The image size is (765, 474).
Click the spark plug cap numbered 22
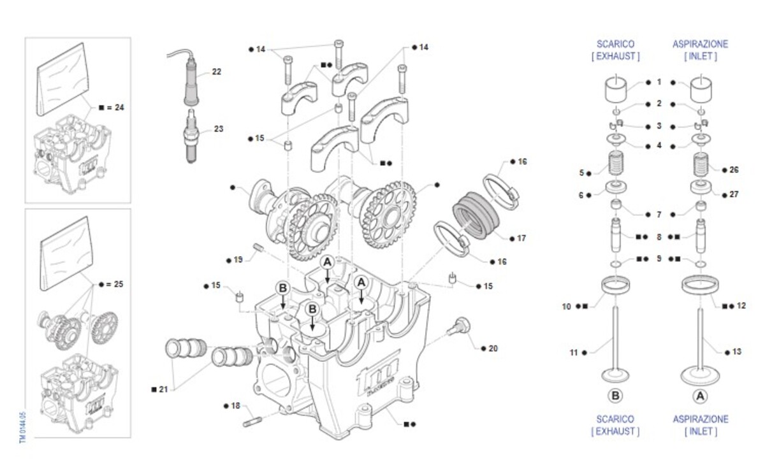(190, 83)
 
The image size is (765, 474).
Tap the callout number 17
(521, 238)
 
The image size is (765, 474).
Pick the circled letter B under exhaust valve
(615, 396)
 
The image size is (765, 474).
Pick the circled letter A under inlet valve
(700, 396)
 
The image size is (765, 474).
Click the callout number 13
(737, 351)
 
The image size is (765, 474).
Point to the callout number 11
(573, 351)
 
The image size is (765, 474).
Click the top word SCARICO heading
(615, 45)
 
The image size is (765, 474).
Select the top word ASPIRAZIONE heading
(700, 45)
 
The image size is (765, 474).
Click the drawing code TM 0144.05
(22, 427)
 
